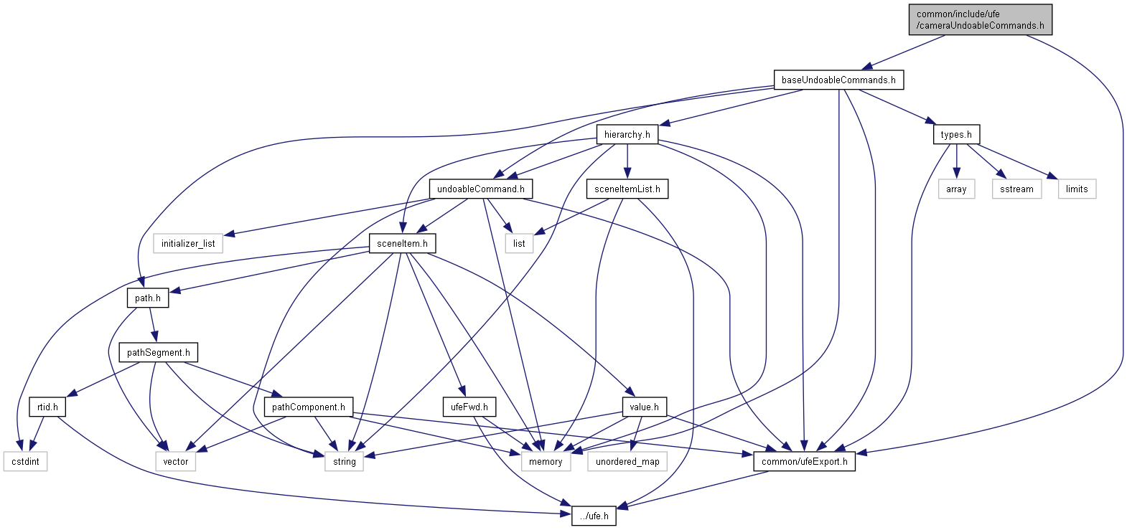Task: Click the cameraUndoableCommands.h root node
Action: (x=980, y=19)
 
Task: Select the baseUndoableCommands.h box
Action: (x=838, y=80)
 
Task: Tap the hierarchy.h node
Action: (x=627, y=134)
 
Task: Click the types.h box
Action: (x=956, y=134)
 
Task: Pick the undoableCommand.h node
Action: (x=480, y=189)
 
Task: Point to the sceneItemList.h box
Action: (x=627, y=189)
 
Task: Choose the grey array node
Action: (x=956, y=189)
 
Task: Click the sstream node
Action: (x=1016, y=189)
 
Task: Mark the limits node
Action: (x=1077, y=189)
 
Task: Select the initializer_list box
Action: (x=188, y=244)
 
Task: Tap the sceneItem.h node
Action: (x=402, y=243)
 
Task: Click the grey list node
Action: (x=519, y=244)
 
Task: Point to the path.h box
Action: (x=148, y=298)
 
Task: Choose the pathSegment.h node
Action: (x=158, y=352)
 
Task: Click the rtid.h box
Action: (x=47, y=407)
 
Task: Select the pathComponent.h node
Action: (x=308, y=407)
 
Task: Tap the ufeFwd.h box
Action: (x=469, y=407)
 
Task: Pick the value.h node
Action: (x=644, y=407)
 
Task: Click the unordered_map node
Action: (x=627, y=462)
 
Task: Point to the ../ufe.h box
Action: (x=594, y=516)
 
